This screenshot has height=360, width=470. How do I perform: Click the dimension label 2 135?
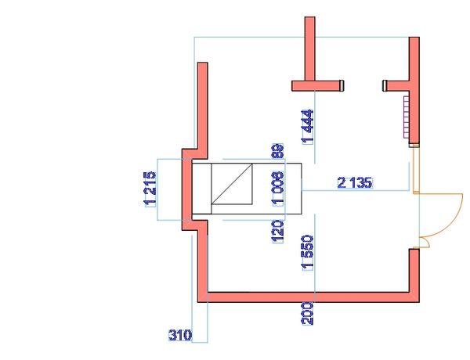pos(355,182)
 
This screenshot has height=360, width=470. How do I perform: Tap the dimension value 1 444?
pos(308,127)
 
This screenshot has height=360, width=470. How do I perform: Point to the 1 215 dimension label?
pos(150,189)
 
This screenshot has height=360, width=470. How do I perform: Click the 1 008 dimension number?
pos(277,189)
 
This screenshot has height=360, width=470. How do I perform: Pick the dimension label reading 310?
pos(180,335)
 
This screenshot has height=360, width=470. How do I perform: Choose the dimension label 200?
pos(308,314)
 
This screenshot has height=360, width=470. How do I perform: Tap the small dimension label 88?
pos(277,151)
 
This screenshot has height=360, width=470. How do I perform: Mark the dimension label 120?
pos(277,232)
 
